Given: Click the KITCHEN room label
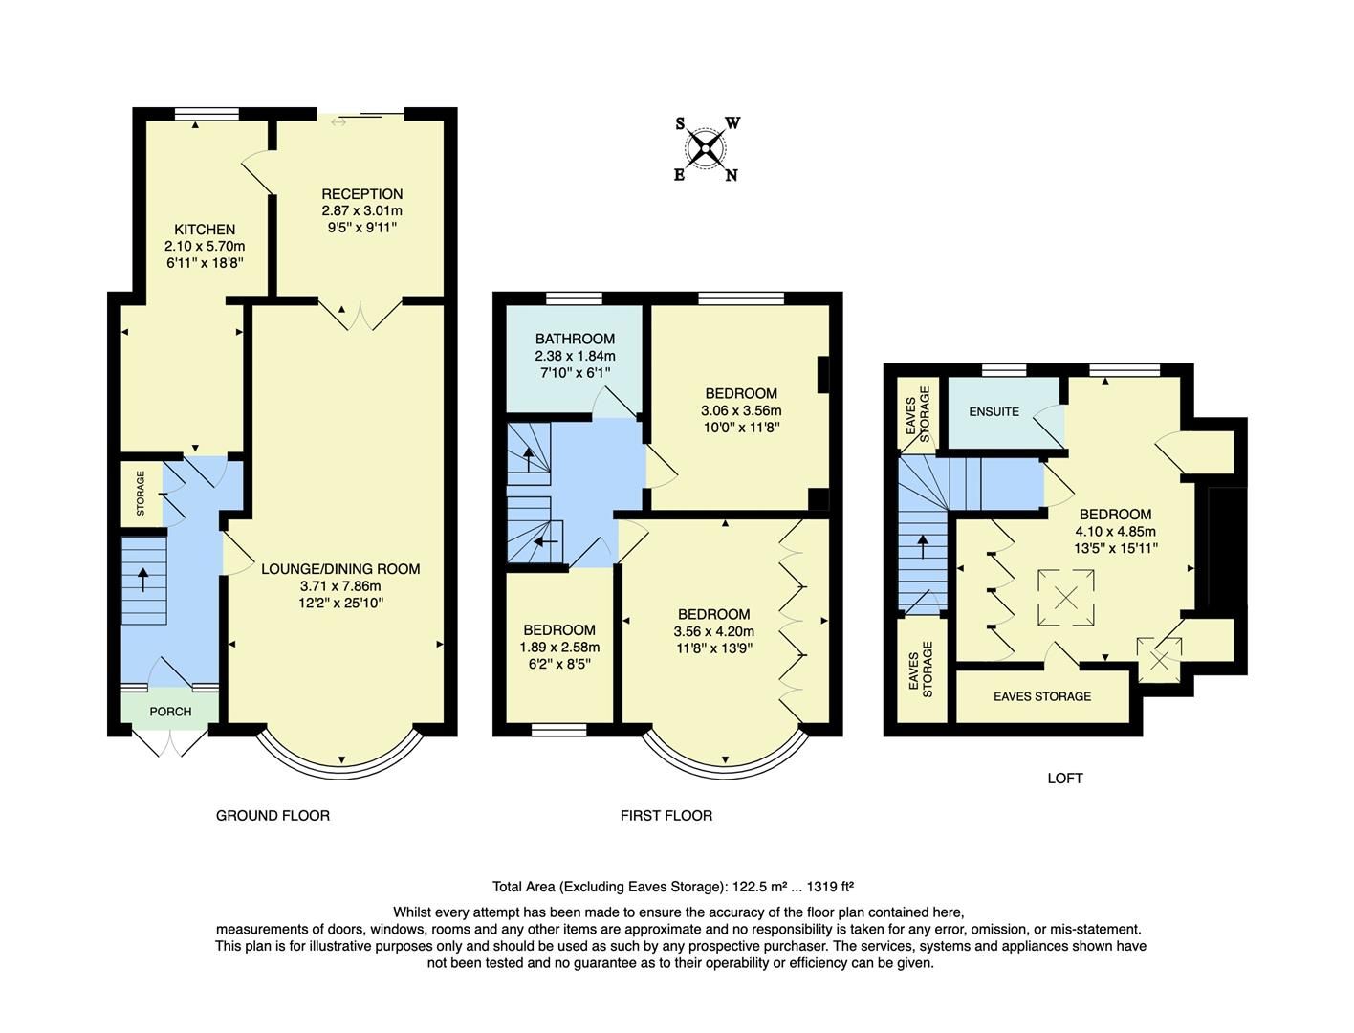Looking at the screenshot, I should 205,230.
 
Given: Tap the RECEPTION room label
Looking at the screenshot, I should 361,194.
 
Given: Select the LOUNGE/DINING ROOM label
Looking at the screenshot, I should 340,569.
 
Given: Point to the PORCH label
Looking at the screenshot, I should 170,712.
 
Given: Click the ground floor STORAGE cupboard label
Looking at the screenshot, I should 142,493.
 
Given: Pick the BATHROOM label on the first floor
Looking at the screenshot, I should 575,339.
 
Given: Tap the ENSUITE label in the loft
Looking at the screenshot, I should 994,411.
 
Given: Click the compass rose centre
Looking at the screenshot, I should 707,148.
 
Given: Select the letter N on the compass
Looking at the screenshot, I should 732,175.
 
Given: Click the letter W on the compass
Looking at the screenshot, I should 732,123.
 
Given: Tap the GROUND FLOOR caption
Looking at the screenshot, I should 273,816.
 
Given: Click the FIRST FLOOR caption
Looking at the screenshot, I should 666,816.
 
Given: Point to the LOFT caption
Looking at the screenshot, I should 1064,779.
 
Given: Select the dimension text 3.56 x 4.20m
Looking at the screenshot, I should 713,631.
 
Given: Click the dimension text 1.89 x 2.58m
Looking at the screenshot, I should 559,647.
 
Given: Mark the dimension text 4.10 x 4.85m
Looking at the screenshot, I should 1115,532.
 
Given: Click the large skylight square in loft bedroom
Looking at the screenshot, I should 1065,598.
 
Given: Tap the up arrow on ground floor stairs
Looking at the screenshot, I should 143,579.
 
